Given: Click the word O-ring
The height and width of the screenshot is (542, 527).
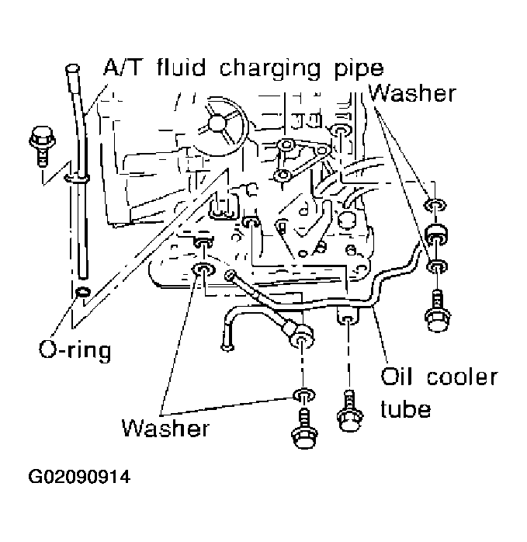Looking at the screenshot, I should (x=75, y=349).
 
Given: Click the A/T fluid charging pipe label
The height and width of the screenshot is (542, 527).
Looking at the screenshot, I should (x=243, y=68).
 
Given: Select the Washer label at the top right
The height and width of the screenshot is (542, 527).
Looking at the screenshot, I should (x=412, y=93).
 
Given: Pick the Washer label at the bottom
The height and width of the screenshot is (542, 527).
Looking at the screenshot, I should (x=165, y=427).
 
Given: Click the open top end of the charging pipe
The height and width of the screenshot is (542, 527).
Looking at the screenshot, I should (x=74, y=71).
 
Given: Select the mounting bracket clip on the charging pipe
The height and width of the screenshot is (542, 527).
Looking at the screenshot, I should (x=76, y=179).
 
